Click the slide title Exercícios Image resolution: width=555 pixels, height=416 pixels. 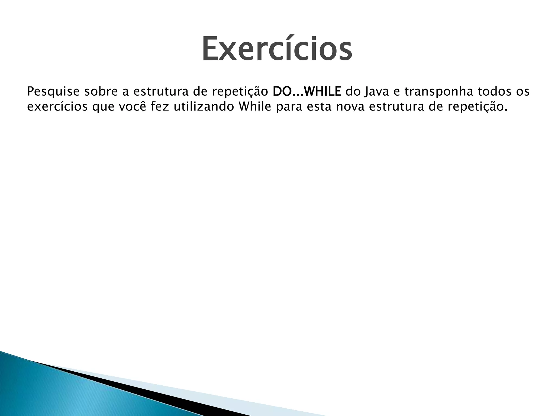point(277,49)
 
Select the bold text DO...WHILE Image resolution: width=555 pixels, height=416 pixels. point(307,92)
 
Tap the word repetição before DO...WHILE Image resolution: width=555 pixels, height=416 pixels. point(240,92)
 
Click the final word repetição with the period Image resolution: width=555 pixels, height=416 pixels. point(477,107)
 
